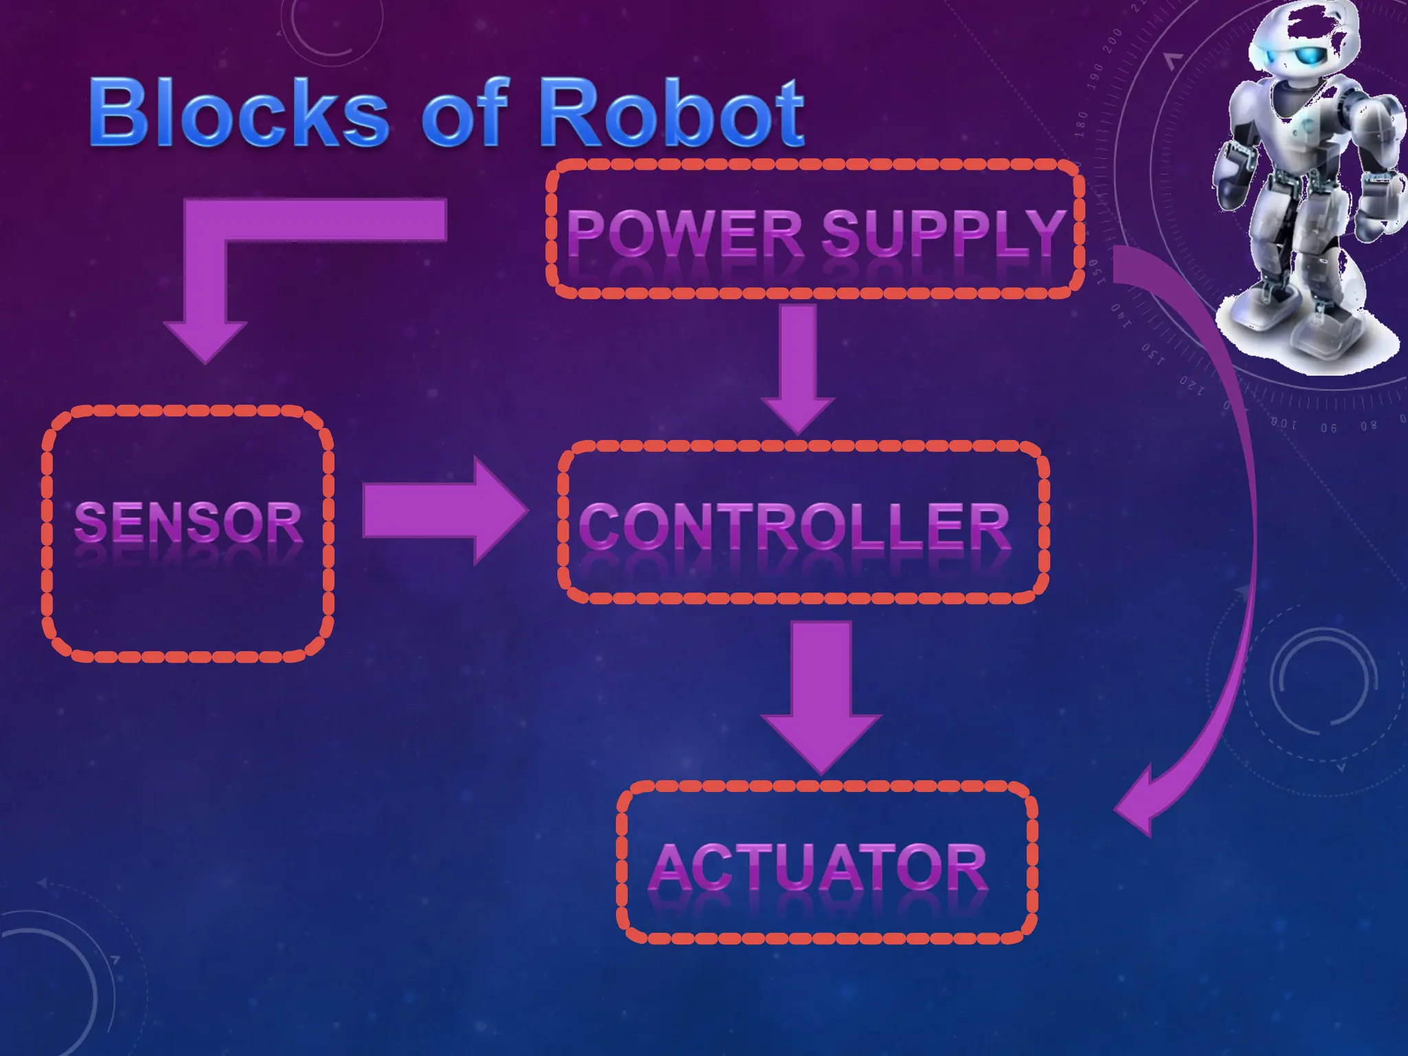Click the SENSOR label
pyautogui.click(x=188, y=522)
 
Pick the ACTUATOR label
pyautogui.click(x=818, y=868)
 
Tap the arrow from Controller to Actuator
pyautogui.click(x=821, y=694)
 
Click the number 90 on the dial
pyautogui.click(x=1328, y=428)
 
